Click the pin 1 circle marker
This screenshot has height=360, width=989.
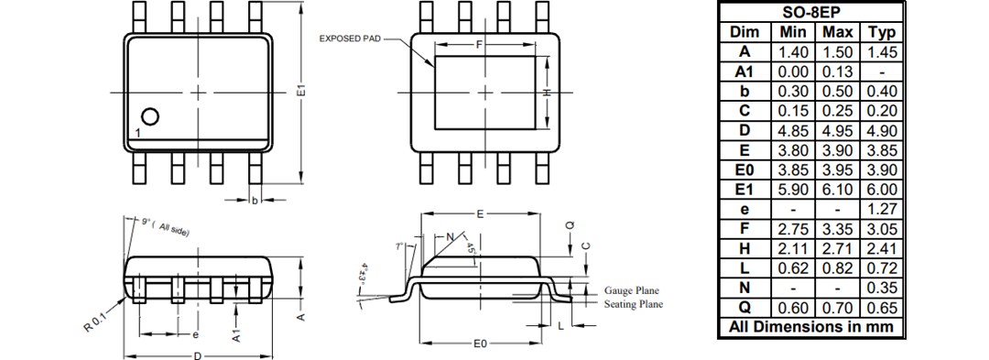[x=150, y=116]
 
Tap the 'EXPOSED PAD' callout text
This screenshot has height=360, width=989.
[x=348, y=39]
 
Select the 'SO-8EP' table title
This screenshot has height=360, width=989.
[x=810, y=12]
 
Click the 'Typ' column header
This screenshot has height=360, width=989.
[x=881, y=32]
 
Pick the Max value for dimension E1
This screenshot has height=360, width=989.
[x=838, y=189]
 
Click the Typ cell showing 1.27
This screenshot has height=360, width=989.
[x=881, y=209]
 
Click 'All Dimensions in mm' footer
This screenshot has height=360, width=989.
[x=810, y=327]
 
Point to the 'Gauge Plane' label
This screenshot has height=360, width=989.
[x=632, y=289]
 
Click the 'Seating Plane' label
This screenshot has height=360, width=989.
[x=633, y=304]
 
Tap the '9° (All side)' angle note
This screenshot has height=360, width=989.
[x=165, y=226]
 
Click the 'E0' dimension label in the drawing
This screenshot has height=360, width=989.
[x=480, y=344]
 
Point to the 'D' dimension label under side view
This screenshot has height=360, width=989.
[x=197, y=355]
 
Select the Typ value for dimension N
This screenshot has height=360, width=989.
[x=881, y=288]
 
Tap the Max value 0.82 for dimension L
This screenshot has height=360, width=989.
[x=838, y=267]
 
